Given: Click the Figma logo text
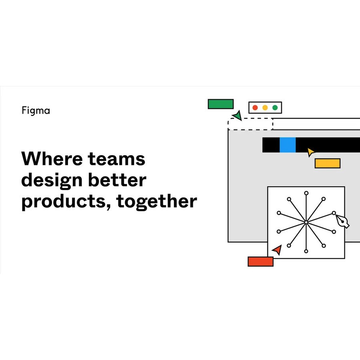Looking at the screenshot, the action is (x=36, y=111).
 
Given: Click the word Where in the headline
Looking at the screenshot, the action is (x=52, y=159).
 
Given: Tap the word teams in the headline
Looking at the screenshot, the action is (x=117, y=159).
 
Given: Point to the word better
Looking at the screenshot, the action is (x=117, y=180).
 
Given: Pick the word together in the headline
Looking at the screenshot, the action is (x=156, y=202).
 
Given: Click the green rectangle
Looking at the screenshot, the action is (x=221, y=104).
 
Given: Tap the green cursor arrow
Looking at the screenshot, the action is (x=238, y=116).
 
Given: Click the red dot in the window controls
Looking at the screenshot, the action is (x=255, y=108).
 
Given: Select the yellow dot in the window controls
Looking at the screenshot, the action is (x=265, y=108).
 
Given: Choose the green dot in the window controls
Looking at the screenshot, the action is (x=275, y=108).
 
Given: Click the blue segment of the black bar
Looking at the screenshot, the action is (x=288, y=145).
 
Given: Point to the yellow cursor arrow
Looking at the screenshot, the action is (x=311, y=152).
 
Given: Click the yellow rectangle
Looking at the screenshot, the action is (x=327, y=163).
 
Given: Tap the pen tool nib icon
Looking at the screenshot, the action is (x=342, y=221).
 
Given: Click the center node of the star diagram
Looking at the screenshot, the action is (x=306, y=222).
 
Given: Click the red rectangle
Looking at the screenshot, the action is (x=260, y=262).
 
